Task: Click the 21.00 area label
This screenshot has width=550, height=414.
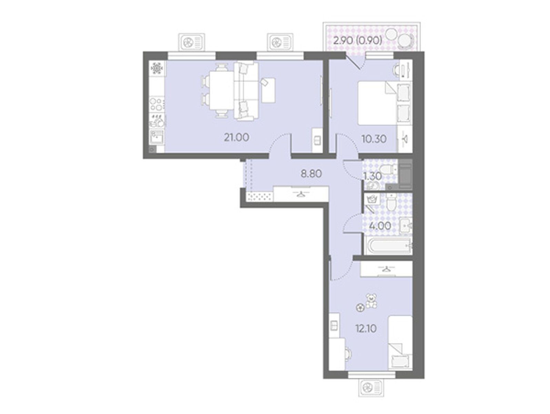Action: click(x=236, y=137)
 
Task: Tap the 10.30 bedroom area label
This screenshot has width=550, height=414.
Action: click(x=374, y=139)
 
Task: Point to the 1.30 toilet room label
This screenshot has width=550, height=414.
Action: click(x=372, y=176)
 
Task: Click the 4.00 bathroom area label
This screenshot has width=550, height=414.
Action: click(x=380, y=226)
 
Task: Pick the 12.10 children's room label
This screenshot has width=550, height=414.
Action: click(x=366, y=328)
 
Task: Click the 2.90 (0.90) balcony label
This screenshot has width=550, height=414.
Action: click(x=358, y=40)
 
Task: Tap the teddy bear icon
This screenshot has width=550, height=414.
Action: click(x=371, y=300)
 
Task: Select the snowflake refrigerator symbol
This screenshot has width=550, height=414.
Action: click(x=156, y=68)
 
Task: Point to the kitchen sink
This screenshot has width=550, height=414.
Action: click(x=156, y=137)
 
